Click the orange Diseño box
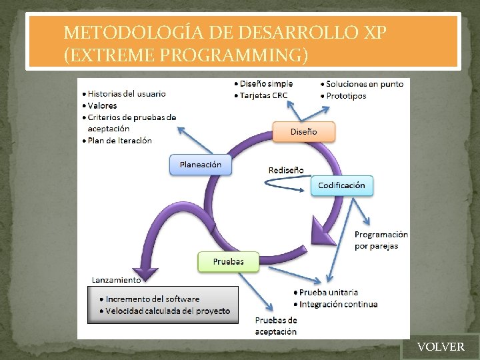(x=303, y=132)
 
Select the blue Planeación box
(x=201, y=165)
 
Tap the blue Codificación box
(x=341, y=185)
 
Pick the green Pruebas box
(x=228, y=261)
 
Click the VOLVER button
(x=440, y=347)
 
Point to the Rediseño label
(x=285, y=170)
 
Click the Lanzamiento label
(x=116, y=280)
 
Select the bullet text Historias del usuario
(x=127, y=94)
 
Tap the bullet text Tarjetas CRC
(x=264, y=95)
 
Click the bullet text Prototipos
(x=346, y=96)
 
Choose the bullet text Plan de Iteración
(x=119, y=141)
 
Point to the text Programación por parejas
(x=381, y=240)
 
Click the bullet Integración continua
(x=338, y=305)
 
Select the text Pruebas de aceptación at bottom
(x=276, y=326)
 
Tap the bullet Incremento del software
(x=152, y=299)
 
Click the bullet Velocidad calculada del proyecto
(x=167, y=311)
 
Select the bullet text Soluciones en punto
(x=365, y=84)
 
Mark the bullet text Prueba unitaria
(x=328, y=293)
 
